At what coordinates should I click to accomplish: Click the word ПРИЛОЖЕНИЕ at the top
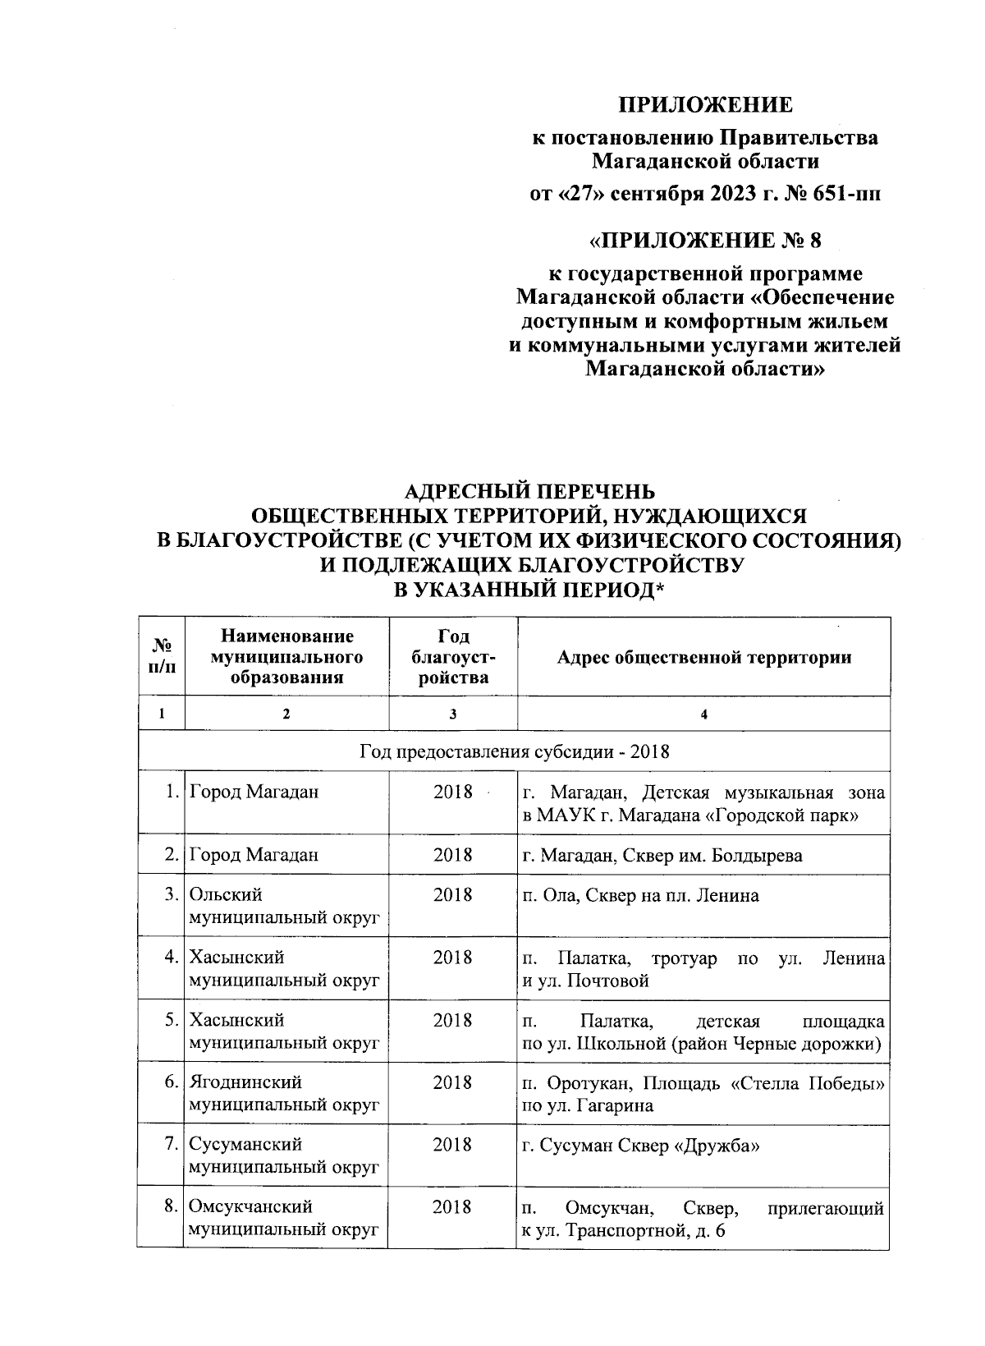pyautogui.click(x=705, y=105)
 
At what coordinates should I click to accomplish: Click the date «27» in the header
pyautogui.click(x=573, y=195)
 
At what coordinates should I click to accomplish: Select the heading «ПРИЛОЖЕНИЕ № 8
pyautogui.click(x=705, y=241)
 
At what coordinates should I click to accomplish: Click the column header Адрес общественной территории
pyautogui.click(x=703, y=657)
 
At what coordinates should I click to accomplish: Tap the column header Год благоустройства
pyautogui.click(x=452, y=657)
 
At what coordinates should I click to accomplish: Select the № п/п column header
pyautogui.click(x=162, y=657)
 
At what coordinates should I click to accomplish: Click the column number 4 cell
pyautogui.click(x=703, y=714)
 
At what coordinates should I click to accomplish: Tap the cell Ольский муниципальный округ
pyautogui.click(x=286, y=906)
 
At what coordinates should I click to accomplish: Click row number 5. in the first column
pyautogui.click(x=170, y=1020)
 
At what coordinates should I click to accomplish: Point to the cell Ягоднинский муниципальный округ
pyautogui.click(x=286, y=1094)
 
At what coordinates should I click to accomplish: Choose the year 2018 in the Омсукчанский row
pyautogui.click(x=452, y=1207)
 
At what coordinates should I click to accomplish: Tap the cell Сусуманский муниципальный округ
pyautogui.click(x=286, y=1156)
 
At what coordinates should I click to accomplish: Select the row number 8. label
pyautogui.click(x=170, y=1207)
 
